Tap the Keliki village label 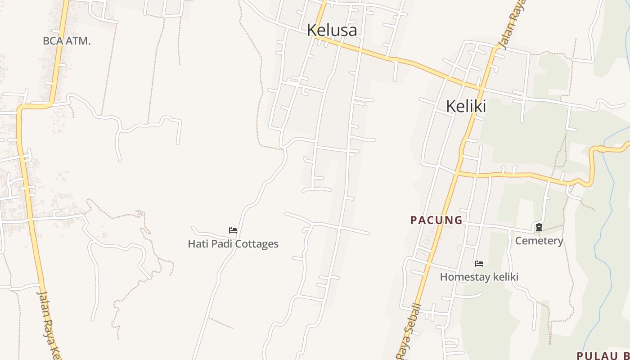click(x=466, y=106)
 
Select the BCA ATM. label click(x=67, y=41)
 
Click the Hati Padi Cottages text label click(x=233, y=244)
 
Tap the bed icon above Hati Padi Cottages click(x=233, y=230)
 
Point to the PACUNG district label click(x=436, y=220)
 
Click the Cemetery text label click(x=539, y=241)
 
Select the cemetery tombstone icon click(x=539, y=228)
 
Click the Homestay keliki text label click(x=479, y=277)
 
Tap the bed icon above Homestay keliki click(x=479, y=264)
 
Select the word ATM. click(x=78, y=41)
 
